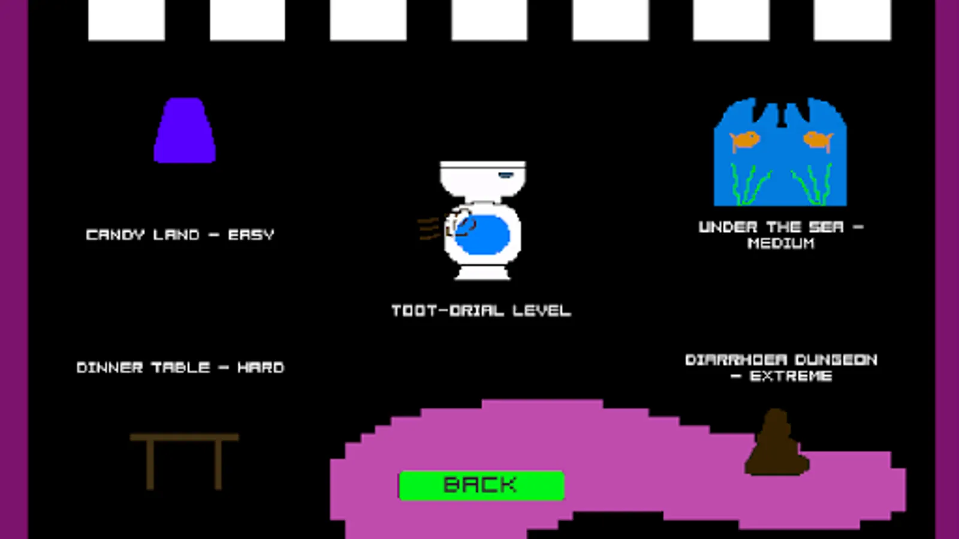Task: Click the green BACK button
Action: point(481,485)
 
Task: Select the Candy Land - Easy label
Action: point(180,235)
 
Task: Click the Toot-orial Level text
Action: point(481,311)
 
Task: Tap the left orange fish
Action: point(744,141)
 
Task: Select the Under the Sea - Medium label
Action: point(781,235)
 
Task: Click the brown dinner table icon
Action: point(185,458)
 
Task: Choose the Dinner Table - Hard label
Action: point(180,367)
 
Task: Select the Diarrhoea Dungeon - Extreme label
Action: point(781,368)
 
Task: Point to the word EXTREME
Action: point(791,376)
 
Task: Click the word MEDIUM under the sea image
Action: point(781,243)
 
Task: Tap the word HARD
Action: point(261,367)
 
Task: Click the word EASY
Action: point(251,235)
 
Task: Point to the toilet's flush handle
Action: point(505,175)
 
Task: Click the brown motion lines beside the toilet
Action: point(429,229)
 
